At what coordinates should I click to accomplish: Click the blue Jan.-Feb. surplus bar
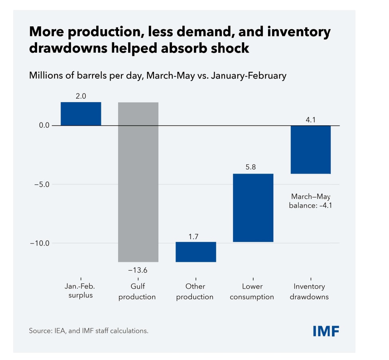click(x=81, y=114)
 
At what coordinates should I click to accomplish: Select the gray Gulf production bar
click(x=138, y=182)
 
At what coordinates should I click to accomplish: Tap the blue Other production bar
click(x=196, y=252)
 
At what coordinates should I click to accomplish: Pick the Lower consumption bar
click(x=253, y=208)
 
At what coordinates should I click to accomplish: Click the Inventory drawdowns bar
click(x=311, y=150)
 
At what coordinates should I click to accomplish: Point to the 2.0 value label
click(x=81, y=96)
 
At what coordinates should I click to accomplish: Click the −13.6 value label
click(x=138, y=270)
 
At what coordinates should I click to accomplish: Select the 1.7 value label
click(x=194, y=237)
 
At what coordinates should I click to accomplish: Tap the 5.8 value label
click(x=251, y=167)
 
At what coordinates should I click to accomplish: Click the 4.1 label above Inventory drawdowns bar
click(x=311, y=120)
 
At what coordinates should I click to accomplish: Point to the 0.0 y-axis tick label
click(x=44, y=125)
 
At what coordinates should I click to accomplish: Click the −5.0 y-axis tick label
click(x=42, y=184)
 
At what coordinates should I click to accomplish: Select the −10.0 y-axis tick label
click(x=39, y=243)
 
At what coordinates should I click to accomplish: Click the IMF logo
click(x=326, y=331)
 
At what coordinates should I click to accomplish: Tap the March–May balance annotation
click(x=311, y=201)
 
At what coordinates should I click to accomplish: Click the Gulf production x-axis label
click(x=137, y=291)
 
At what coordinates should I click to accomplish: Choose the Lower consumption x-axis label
click(x=252, y=291)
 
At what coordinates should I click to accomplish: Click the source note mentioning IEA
click(x=89, y=331)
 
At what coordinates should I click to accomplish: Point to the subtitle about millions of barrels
click(x=158, y=75)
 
